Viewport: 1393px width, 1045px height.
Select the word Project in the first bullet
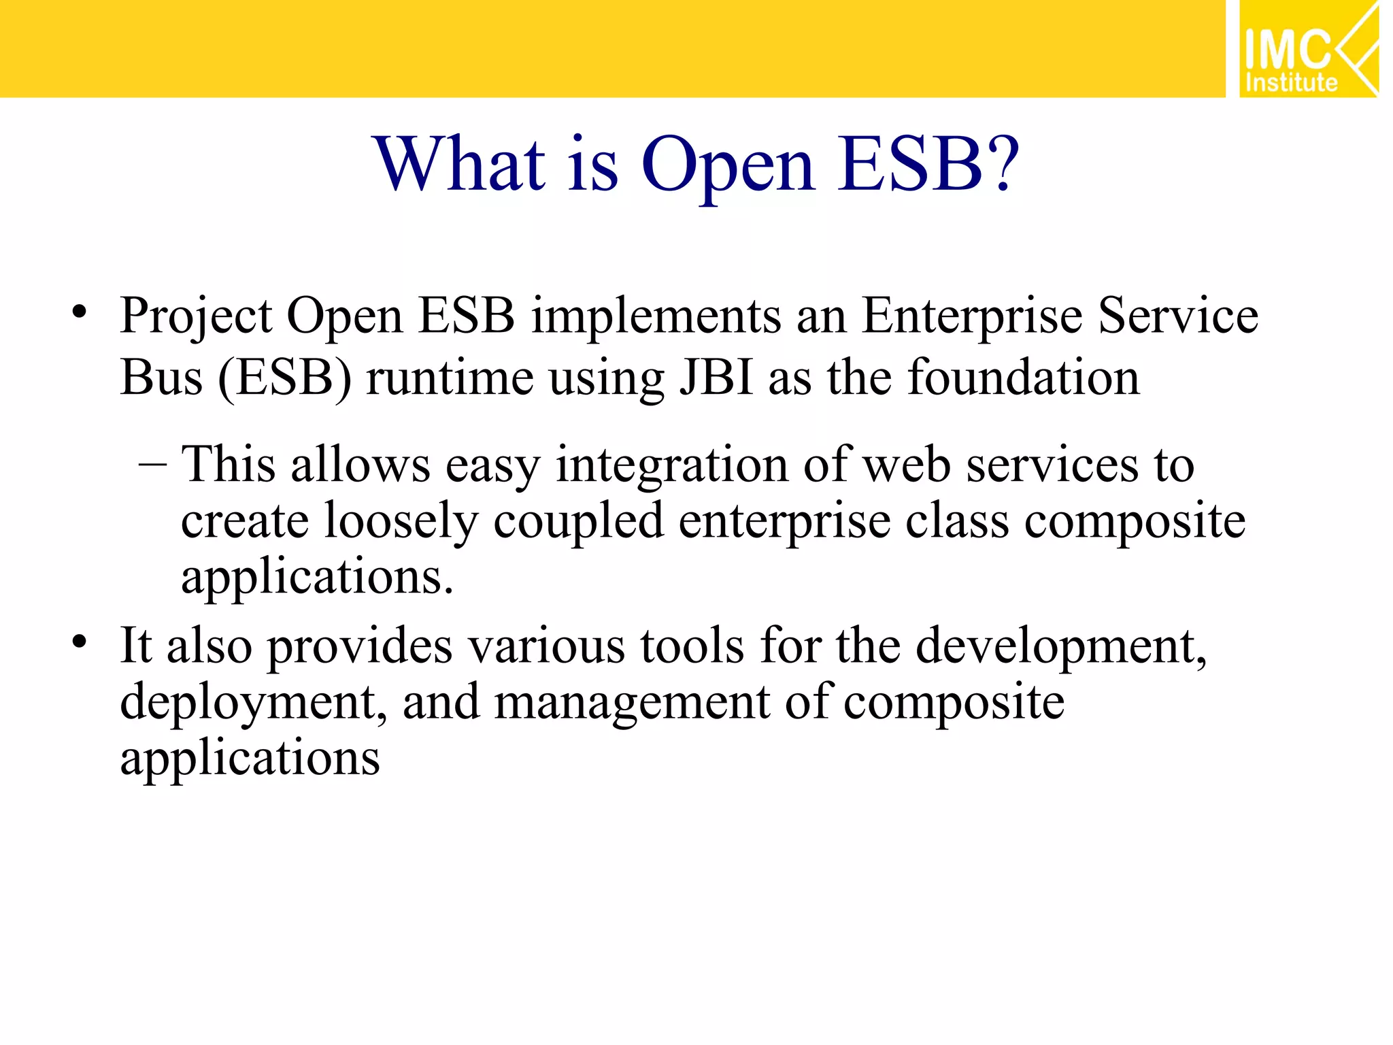tap(196, 317)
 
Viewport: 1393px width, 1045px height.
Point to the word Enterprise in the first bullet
tap(972, 317)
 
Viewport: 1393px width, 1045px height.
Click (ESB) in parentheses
tap(285, 378)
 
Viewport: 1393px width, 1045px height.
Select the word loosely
tap(401, 522)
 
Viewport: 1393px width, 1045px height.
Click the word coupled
tap(578, 522)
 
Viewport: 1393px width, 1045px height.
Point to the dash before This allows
tap(152, 465)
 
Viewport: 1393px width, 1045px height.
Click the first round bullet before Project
tap(80, 312)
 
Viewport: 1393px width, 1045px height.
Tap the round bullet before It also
tap(80, 642)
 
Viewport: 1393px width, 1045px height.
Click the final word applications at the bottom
tap(250, 759)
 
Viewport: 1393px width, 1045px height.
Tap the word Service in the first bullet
tap(1178, 317)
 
